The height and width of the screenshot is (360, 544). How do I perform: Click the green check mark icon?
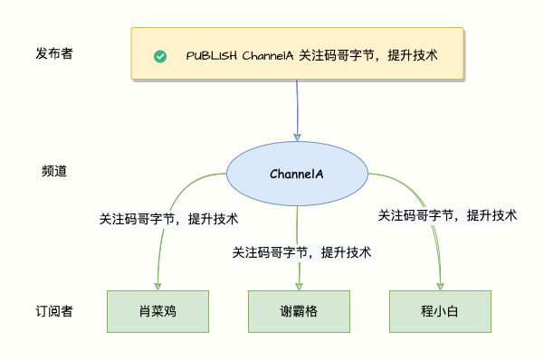[x=160, y=56]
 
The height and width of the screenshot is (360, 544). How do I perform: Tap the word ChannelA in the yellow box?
[x=267, y=55]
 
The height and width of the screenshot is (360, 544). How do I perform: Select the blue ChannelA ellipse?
[x=297, y=174]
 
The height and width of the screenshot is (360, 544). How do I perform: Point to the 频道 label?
[x=54, y=171]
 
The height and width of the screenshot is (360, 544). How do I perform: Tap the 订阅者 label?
[x=54, y=312]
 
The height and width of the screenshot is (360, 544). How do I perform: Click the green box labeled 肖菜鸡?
[x=157, y=312]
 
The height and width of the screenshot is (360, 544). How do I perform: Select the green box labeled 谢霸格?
[x=299, y=312]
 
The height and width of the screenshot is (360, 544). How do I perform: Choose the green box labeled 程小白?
[x=441, y=312]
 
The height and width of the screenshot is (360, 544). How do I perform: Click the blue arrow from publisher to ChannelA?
[x=297, y=109]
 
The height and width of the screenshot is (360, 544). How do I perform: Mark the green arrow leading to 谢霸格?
[x=298, y=226]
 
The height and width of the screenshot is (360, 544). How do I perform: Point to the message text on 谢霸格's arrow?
[x=301, y=252]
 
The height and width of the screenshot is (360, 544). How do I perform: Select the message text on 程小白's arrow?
[x=447, y=215]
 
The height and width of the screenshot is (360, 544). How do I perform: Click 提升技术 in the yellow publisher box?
[x=412, y=55]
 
